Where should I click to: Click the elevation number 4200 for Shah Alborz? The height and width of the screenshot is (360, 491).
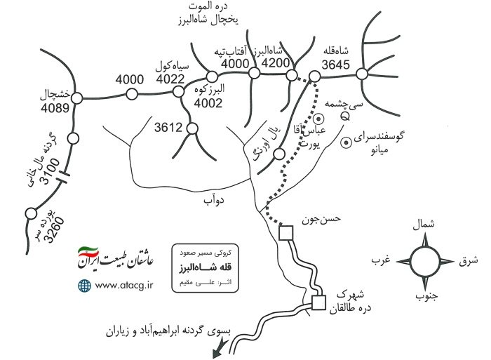276,63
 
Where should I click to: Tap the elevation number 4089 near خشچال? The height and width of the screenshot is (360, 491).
55,108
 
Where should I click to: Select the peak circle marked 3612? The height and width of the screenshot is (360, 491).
192,128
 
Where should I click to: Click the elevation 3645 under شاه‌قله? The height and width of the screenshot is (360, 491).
335,65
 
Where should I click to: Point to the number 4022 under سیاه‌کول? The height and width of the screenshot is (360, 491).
170,79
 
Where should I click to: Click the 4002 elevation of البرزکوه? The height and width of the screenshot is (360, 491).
208,102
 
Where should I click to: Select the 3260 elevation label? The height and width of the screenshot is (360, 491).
54,229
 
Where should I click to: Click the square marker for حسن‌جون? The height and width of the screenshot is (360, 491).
286,233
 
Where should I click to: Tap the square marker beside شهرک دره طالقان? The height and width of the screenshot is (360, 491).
318,302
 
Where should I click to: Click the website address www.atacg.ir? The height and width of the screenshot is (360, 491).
124,286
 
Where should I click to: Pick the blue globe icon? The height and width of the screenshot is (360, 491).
84,286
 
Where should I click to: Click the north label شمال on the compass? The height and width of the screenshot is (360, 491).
424,225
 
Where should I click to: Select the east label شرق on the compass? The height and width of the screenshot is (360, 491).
469,260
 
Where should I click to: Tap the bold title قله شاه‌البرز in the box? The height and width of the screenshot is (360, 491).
205,267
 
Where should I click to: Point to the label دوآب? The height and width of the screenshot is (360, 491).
214,199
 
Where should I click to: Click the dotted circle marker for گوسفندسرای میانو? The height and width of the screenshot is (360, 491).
346,143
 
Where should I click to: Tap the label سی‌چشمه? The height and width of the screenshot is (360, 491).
343,105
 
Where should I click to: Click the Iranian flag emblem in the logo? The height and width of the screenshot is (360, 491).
88,252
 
